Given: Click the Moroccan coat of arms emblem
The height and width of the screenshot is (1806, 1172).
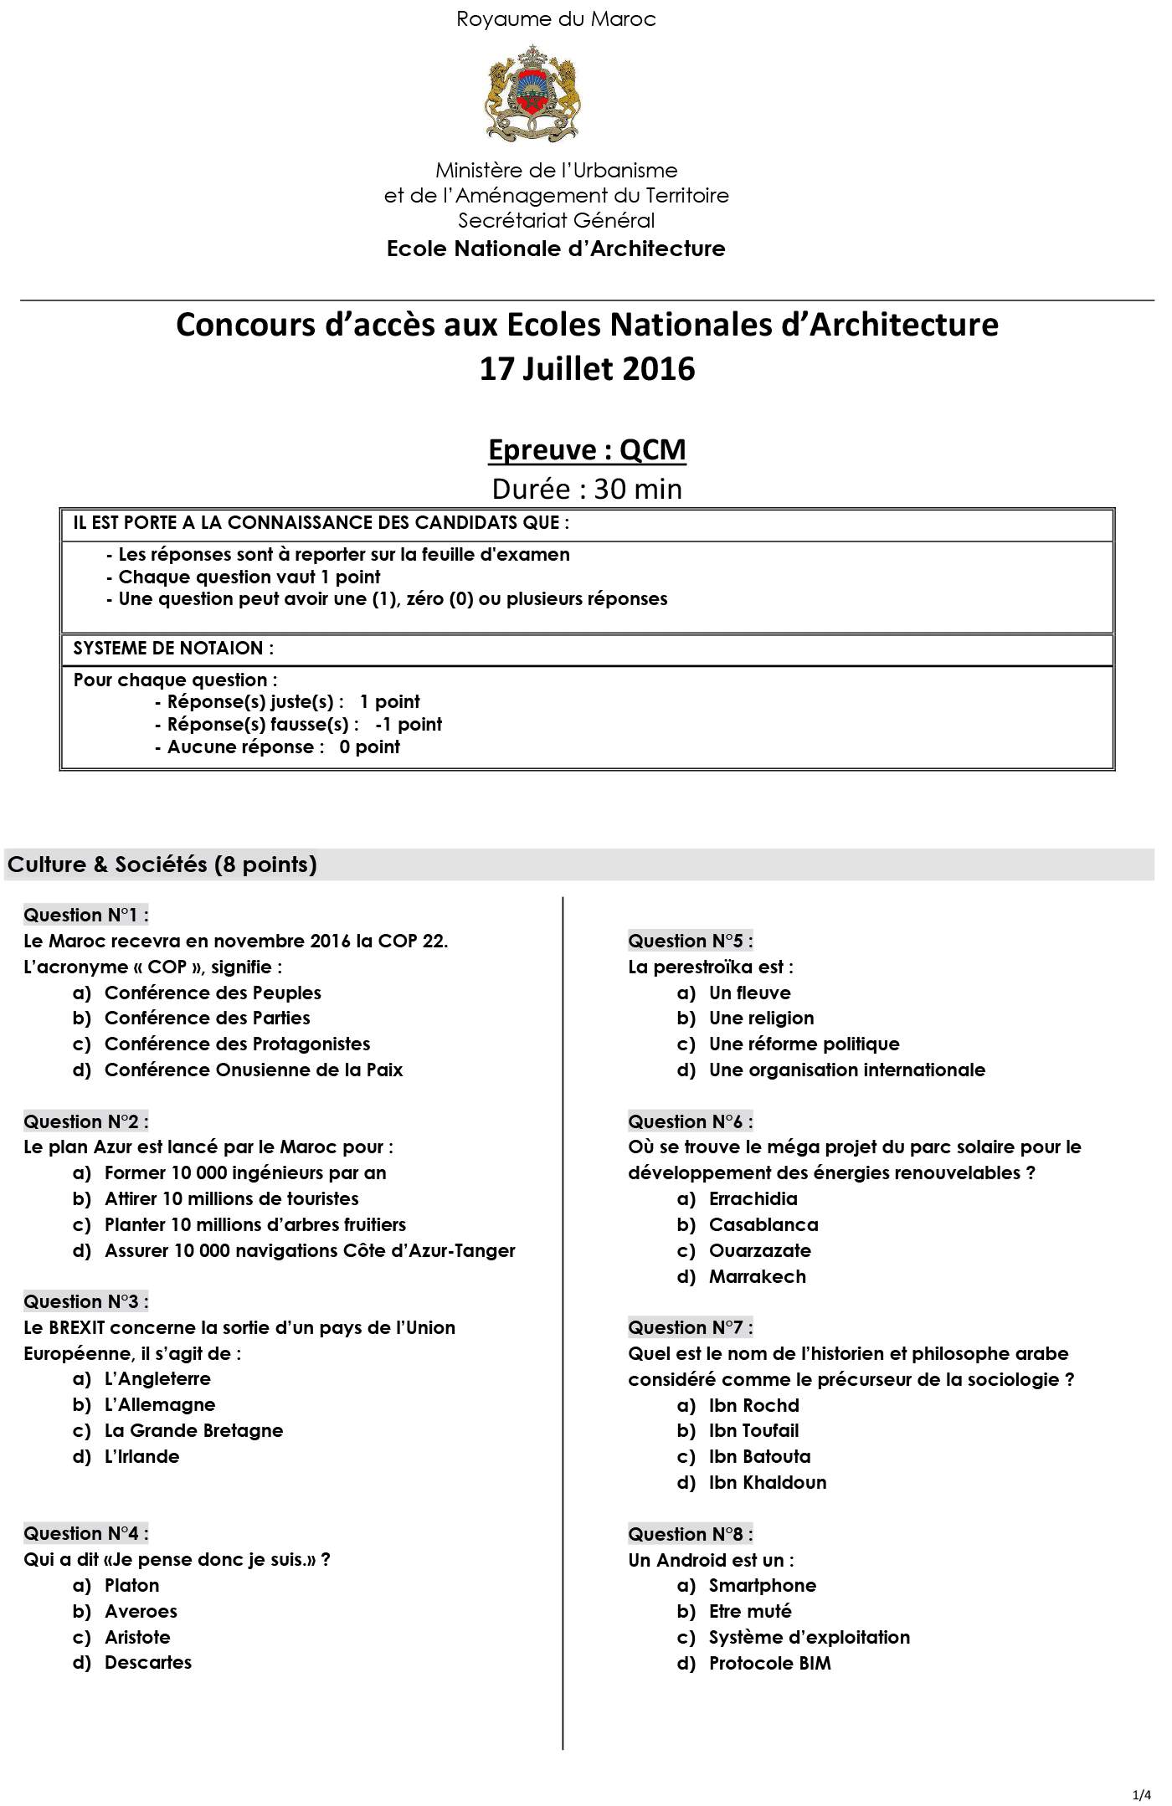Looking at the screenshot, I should click(532, 94).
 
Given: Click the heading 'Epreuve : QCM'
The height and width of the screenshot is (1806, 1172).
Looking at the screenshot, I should click(587, 449).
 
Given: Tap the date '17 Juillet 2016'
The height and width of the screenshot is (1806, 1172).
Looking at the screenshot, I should click(587, 369).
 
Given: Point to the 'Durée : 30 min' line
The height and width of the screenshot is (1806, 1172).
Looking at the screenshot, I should click(587, 489).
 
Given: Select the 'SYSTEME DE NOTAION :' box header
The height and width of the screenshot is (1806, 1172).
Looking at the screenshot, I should click(173, 649).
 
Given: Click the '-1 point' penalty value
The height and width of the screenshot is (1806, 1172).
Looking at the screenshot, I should click(409, 725).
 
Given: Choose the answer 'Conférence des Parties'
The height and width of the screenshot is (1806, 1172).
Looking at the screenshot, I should click(207, 1018).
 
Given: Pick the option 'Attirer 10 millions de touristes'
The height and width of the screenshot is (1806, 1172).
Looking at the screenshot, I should click(231, 1199).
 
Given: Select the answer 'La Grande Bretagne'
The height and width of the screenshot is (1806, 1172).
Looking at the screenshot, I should click(193, 1431).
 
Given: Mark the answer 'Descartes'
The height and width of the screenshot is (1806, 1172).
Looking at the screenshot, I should click(148, 1663).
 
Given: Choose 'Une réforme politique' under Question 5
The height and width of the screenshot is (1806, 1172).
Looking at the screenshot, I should click(804, 1044).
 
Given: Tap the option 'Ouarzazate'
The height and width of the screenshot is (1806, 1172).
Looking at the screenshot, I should click(759, 1251).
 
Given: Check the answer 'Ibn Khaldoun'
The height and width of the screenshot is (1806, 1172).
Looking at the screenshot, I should click(767, 1483).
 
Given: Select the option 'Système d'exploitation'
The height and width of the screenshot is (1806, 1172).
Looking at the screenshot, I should click(809, 1638).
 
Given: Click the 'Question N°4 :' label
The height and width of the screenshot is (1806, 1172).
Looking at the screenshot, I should click(86, 1534).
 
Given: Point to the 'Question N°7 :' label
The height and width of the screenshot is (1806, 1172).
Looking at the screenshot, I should click(691, 1328).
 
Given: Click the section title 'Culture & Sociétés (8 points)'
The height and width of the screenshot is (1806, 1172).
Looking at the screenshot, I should click(162, 865).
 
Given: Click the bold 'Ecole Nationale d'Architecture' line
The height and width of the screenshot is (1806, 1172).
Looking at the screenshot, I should click(556, 249).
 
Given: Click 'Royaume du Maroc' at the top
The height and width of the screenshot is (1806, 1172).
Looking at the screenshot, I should click(556, 19).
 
